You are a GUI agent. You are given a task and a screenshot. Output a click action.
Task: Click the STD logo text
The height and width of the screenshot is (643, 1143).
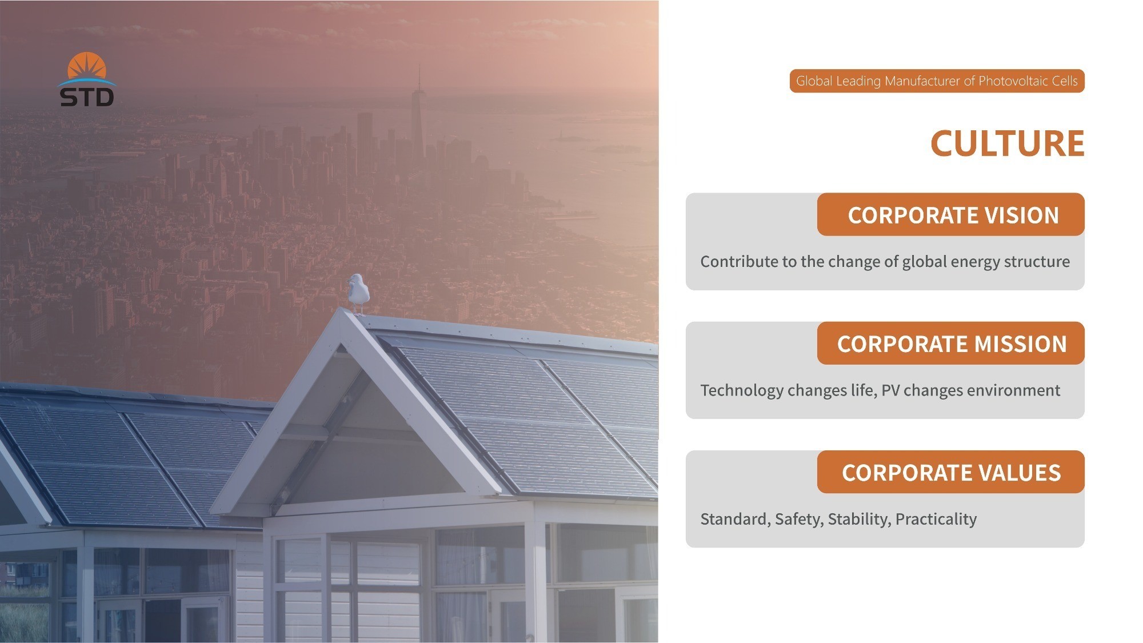click(87, 97)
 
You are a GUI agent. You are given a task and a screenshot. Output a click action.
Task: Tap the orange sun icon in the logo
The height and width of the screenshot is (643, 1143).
click(87, 66)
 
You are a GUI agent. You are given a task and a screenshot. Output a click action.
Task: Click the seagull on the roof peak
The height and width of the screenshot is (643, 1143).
click(358, 294)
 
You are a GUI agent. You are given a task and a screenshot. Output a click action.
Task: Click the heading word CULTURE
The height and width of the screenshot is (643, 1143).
click(1007, 143)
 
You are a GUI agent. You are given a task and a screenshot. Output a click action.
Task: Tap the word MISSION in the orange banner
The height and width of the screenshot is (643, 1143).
click(1020, 344)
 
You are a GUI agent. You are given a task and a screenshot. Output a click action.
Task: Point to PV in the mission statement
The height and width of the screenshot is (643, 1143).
click(890, 390)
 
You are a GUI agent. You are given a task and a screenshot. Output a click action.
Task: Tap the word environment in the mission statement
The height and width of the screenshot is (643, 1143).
click(1014, 390)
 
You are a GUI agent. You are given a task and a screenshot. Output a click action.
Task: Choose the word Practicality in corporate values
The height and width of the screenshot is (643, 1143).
click(936, 520)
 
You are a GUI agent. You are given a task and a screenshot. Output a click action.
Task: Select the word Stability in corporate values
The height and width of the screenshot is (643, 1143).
click(859, 520)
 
